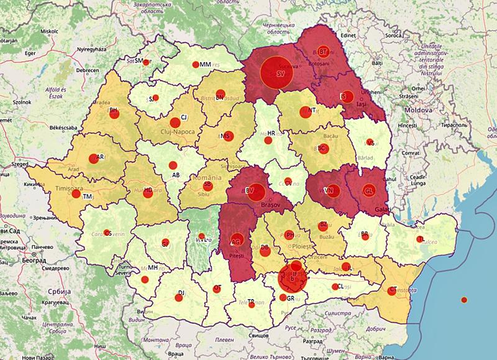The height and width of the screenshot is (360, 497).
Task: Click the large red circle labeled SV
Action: (275, 72)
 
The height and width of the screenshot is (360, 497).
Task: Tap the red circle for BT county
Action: (324, 52)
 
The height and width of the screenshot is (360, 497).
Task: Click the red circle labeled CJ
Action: (176, 122)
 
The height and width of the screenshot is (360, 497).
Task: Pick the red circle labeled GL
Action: (368, 190)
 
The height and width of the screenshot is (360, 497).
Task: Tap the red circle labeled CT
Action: (391, 290)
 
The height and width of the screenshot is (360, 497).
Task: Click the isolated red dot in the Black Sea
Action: (463, 300)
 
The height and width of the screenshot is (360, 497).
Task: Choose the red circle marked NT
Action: (304, 113)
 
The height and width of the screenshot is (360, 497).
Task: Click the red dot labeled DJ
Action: (178, 297)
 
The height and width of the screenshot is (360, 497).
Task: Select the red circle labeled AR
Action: (95, 158)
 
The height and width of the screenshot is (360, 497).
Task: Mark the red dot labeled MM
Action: (196, 65)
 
